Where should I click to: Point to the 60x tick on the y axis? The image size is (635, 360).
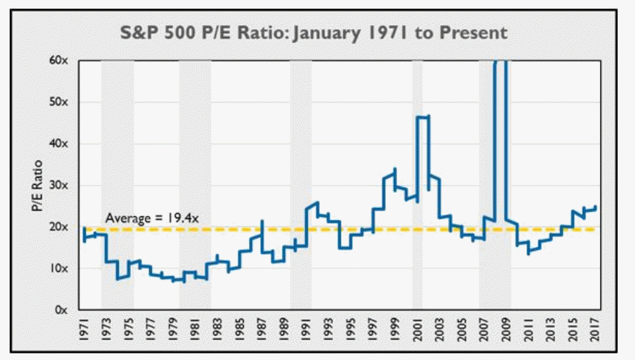(59, 61)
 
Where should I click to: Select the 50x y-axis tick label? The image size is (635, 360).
(59, 102)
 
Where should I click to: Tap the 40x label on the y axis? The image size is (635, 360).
(59, 144)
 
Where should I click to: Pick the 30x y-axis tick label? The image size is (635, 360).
(59, 185)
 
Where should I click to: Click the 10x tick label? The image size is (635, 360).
(59, 268)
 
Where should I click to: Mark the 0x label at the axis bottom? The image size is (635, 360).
(62, 310)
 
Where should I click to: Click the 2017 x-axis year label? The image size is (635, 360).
(595, 330)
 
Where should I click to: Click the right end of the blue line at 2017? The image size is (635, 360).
(597, 207)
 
